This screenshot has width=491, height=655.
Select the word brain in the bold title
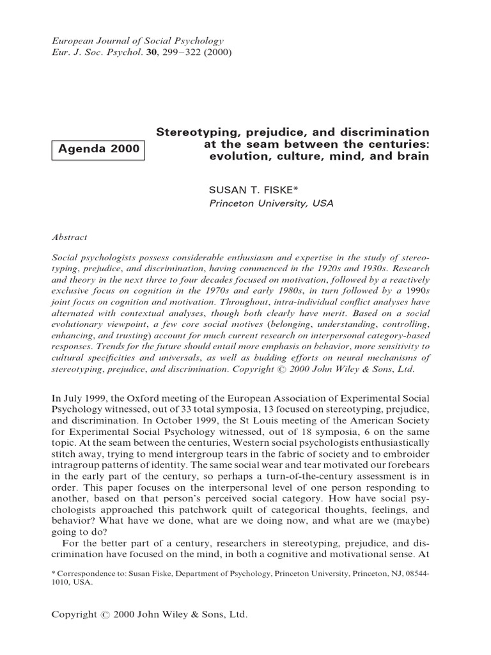click(413, 157)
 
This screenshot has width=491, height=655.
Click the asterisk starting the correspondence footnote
click(54, 573)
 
